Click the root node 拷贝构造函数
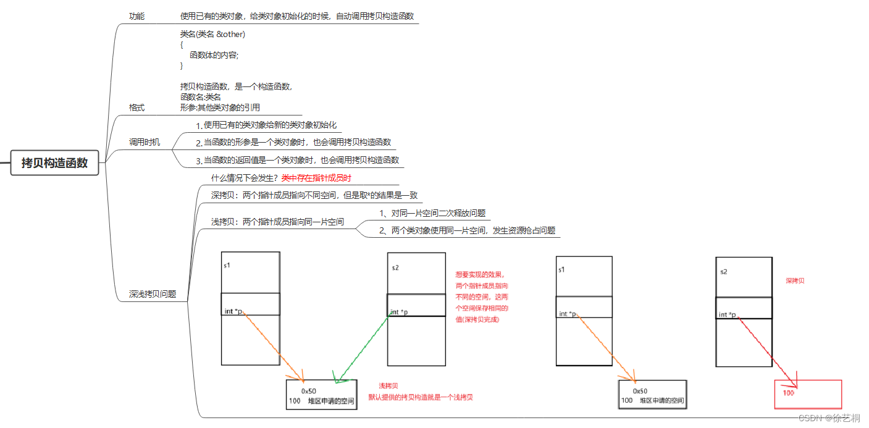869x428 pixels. pos(54,163)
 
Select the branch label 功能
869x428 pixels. pos(136,16)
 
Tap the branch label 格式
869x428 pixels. pos(136,107)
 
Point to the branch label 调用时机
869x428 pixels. pos(144,143)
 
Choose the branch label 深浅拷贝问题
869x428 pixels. pos(153,294)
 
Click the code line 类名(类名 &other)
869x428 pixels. pos(212,34)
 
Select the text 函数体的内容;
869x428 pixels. pos(214,55)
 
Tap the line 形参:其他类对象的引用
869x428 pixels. pos(220,107)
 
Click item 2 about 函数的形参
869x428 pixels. pos(293,143)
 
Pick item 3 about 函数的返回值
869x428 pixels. pos(298,161)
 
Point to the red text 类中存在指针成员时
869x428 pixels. pos(316,178)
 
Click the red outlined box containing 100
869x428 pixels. pos(808,394)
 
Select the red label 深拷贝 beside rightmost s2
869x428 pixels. pos(795,281)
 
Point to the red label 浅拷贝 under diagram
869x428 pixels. pos(388,386)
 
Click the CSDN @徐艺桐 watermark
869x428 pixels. pos(833,418)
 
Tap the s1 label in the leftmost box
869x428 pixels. pos(227,266)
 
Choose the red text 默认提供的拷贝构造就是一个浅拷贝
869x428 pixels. pos(421,397)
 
